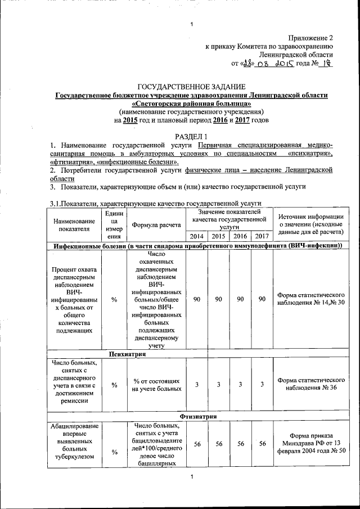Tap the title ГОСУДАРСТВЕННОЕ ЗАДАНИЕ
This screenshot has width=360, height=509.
(192, 87)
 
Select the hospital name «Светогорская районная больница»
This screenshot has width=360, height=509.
(191, 104)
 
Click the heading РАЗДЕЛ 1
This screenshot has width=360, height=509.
(192, 137)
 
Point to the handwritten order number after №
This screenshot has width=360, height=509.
(326, 64)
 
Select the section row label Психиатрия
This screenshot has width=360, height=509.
(128, 355)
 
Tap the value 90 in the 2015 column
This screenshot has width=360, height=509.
(218, 299)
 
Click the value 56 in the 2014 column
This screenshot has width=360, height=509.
(197, 444)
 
